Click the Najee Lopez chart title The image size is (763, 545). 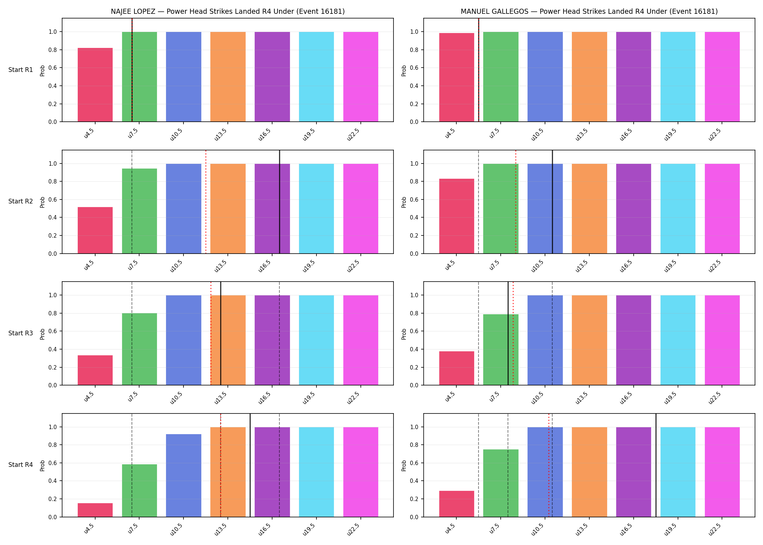[x=228, y=12]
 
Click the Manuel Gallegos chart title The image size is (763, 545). [x=589, y=12]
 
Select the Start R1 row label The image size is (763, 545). [x=21, y=70]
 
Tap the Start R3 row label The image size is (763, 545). [x=21, y=333]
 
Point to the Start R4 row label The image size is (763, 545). [x=21, y=465]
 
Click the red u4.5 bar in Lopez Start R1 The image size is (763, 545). [x=95, y=85]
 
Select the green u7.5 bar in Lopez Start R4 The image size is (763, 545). [x=140, y=490]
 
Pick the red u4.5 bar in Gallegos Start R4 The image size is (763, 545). [x=457, y=504]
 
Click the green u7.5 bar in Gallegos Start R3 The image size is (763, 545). [x=501, y=350]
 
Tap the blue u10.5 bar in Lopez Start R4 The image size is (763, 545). [x=183, y=476]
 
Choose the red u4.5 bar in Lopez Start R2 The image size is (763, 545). [x=95, y=230]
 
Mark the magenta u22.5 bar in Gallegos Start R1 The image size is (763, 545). [x=722, y=77]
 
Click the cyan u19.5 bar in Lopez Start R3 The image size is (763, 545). [x=316, y=340]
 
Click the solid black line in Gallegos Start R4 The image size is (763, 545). [x=656, y=465]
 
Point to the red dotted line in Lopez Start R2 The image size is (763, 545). [x=206, y=202]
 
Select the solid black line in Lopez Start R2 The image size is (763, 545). [x=279, y=202]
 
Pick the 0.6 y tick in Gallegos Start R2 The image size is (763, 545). [x=415, y=199]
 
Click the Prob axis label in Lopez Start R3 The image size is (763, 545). [x=43, y=334]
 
